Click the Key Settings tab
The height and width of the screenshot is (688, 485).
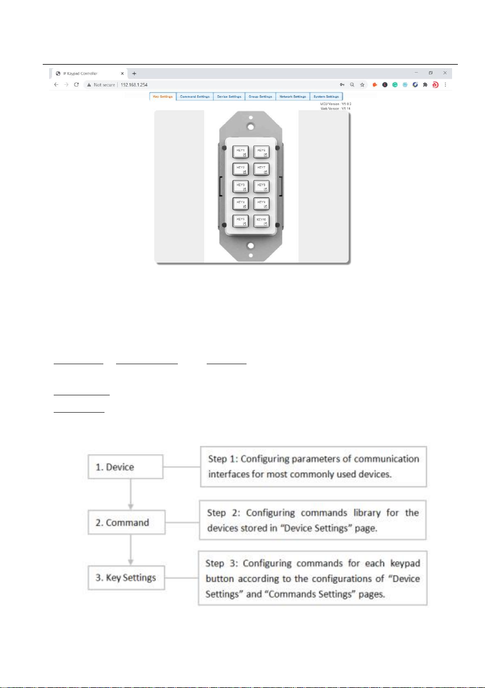(162, 96)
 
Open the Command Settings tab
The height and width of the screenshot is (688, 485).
(195, 96)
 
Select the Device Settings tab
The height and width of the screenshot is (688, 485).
(229, 96)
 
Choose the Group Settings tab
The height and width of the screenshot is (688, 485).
(260, 96)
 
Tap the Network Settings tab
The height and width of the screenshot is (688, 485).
(292, 96)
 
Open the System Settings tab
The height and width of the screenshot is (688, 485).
(326, 96)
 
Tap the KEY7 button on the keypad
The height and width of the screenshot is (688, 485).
(262, 169)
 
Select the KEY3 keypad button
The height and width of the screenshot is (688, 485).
(241, 186)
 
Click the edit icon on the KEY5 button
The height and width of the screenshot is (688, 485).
(245, 224)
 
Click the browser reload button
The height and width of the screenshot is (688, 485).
(76, 84)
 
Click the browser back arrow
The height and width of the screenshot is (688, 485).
(55, 84)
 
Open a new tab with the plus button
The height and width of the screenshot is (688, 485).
(134, 73)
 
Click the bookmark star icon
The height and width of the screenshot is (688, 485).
(362, 84)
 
